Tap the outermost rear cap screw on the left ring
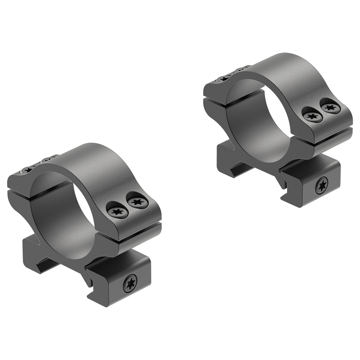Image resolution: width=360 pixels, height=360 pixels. pos(27,170)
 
